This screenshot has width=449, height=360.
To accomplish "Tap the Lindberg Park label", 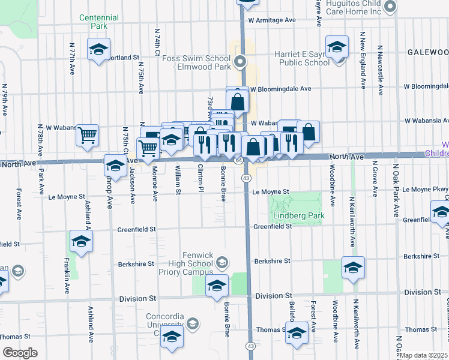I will click(298, 216).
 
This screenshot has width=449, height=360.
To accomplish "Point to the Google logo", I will click(20, 353).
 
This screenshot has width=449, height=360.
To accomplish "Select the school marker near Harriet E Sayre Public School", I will click(337, 46).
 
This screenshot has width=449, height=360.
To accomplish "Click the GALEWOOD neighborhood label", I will click(428, 52).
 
